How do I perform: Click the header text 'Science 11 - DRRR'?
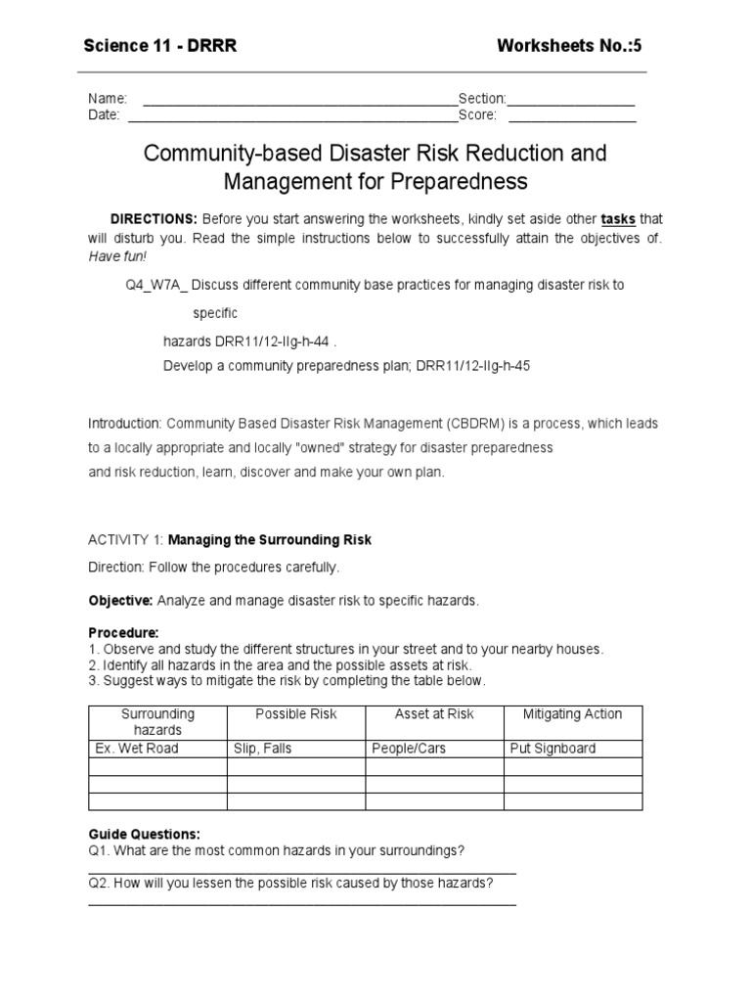tap(159, 45)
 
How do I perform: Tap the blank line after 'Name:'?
tap(300, 100)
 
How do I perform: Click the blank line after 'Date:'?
tap(292, 115)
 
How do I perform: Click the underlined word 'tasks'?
tap(618, 218)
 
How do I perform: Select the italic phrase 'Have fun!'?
tap(118, 255)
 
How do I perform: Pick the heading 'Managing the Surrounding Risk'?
tap(270, 540)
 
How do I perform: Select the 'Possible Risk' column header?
tap(295, 714)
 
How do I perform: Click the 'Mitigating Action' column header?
tap(572, 714)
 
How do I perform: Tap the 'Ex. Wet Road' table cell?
tap(137, 749)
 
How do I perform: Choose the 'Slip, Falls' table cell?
tap(263, 749)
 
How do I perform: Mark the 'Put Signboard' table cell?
tap(552, 749)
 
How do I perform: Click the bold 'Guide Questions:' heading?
tap(144, 834)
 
